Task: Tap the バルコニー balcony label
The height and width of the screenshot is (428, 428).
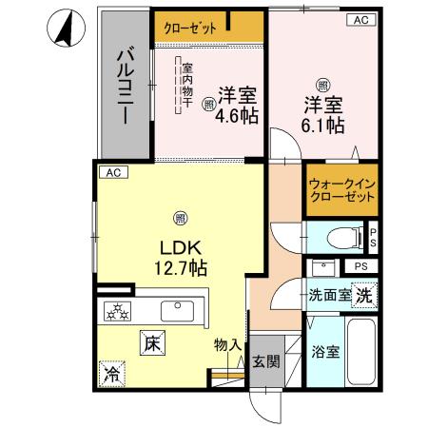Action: [x=125, y=87]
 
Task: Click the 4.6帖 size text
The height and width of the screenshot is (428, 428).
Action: [x=237, y=118]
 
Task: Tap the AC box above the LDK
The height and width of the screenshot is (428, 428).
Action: [x=112, y=172]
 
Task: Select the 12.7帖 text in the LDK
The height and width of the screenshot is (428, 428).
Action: [x=179, y=268]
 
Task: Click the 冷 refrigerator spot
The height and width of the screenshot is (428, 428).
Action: [x=113, y=374]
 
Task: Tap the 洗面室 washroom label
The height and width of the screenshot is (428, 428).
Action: [x=327, y=296]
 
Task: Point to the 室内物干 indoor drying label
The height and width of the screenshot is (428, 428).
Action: [x=187, y=87]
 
